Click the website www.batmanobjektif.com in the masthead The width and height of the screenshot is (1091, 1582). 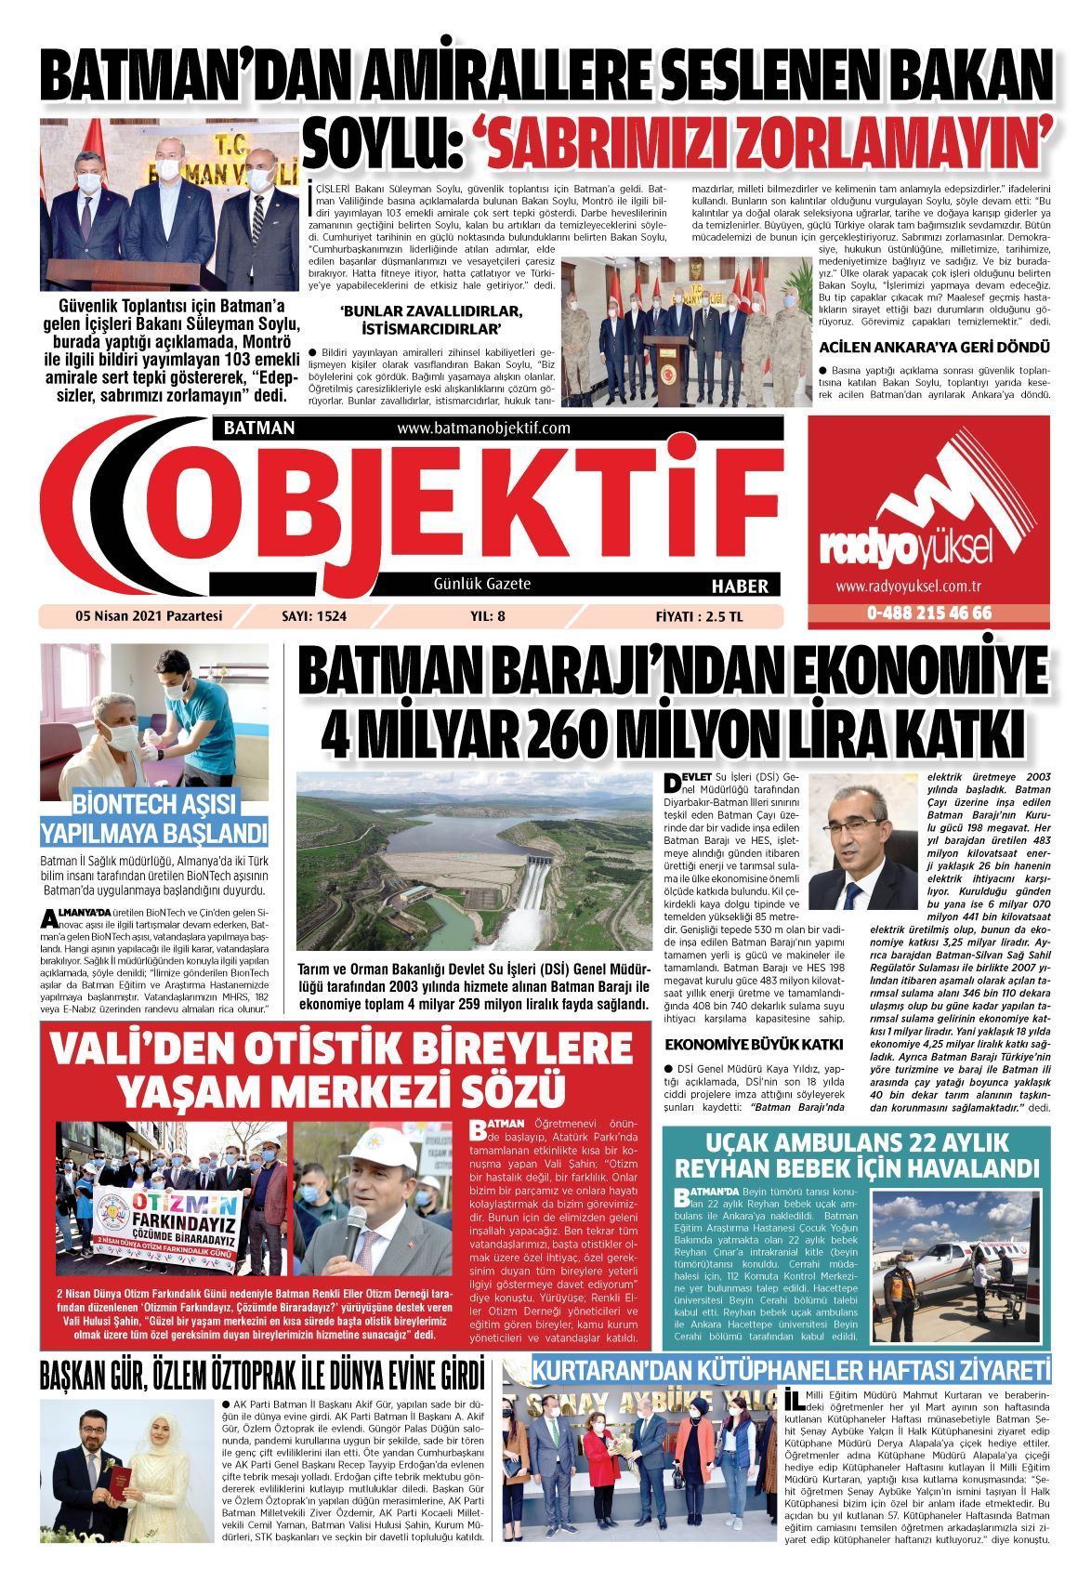pyautogui.click(x=483, y=428)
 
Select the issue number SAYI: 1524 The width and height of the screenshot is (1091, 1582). pyautogui.click(x=320, y=614)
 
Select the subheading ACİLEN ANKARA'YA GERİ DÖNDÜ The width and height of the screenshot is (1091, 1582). pyautogui.click(x=934, y=347)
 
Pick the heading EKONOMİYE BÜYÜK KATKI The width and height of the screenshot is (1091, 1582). pyautogui.click(x=754, y=1044)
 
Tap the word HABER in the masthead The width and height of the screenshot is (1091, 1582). pyautogui.click(x=740, y=587)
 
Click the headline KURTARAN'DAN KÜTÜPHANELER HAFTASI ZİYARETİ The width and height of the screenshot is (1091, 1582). pyautogui.click(x=790, y=1371)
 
